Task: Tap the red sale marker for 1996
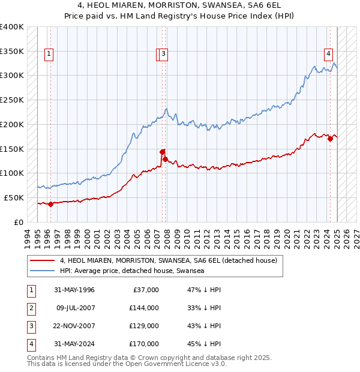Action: [x=50, y=204]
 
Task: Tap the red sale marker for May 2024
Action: [x=330, y=139]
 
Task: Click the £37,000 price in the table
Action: [x=145, y=290]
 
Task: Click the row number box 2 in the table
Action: [x=31, y=308]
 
